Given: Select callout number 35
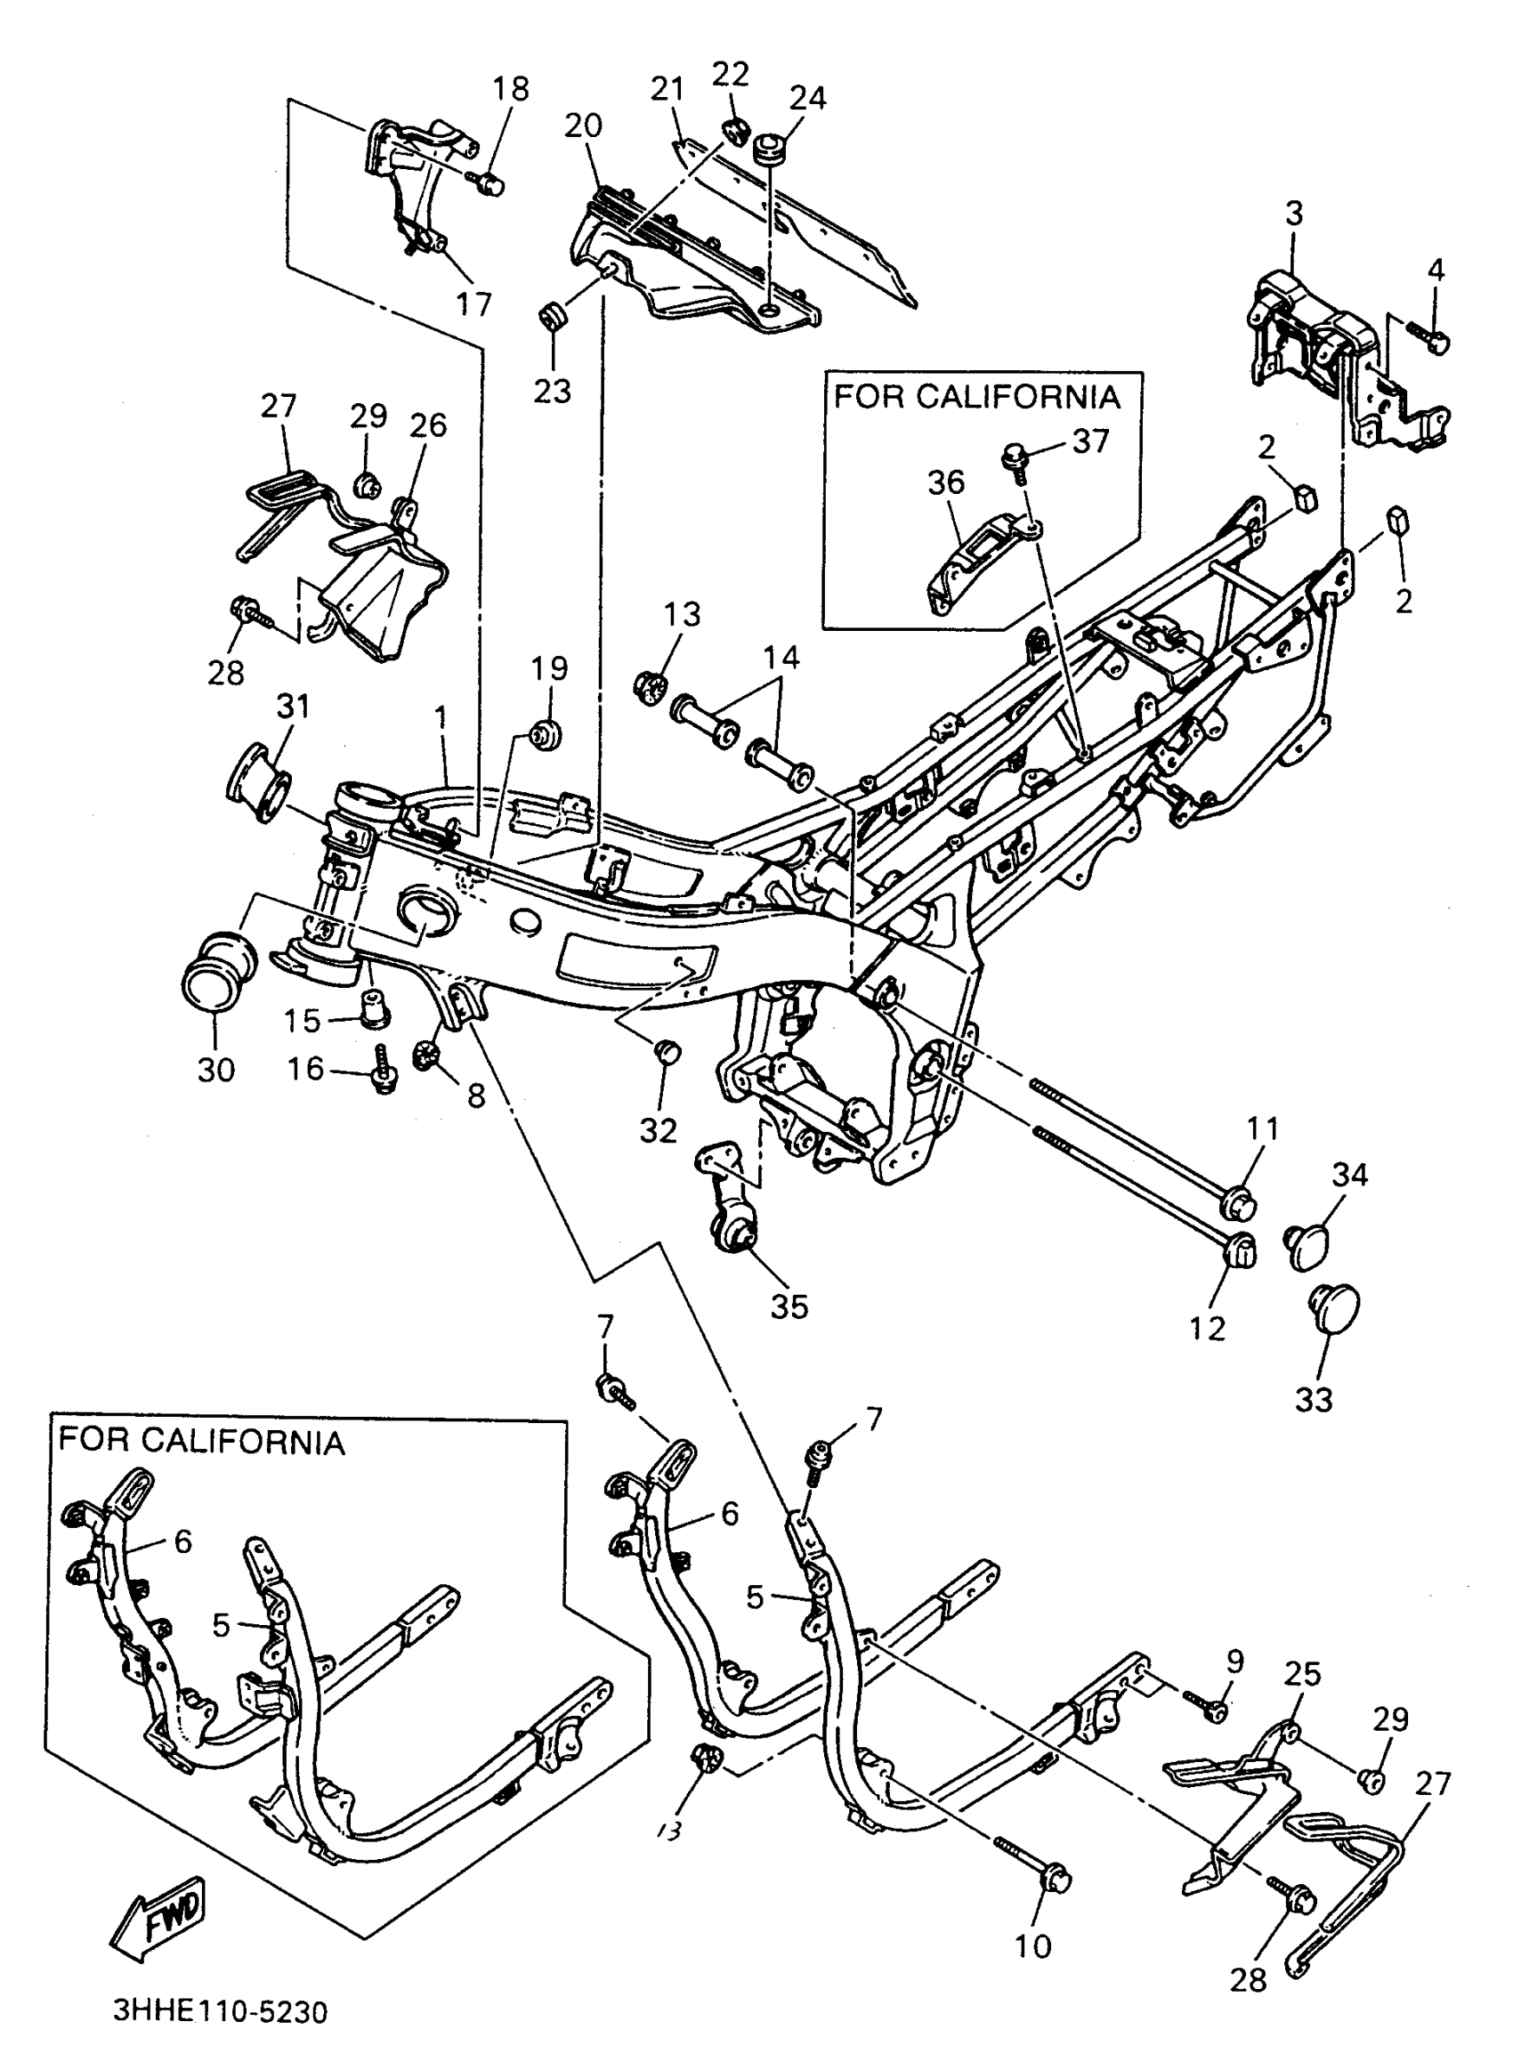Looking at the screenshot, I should click(x=789, y=1306).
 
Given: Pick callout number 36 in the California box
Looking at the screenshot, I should click(x=946, y=481).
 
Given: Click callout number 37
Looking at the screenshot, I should click(x=1091, y=441).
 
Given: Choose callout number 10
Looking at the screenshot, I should click(x=1033, y=1946).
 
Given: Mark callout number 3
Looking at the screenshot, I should click(x=1293, y=213).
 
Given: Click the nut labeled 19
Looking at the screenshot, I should click(x=546, y=733).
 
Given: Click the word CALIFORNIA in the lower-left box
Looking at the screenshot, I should click(x=242, y=1443).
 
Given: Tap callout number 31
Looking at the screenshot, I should click(x=293, y=706).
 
